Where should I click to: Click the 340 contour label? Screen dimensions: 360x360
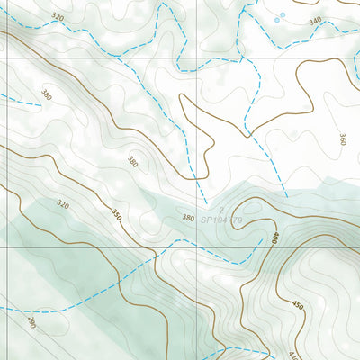pyautogui.click(x=314, y=21)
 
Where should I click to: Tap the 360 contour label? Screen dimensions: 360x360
pyautogui.click(x=343, y=139)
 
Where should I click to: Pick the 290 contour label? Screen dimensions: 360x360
pyautogui.click(x=32, y=321)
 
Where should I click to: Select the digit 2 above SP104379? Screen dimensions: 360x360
pyautogui.click(x=219, y=209)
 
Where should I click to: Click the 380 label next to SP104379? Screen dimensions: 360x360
pyautogui.click(x=188, y=218)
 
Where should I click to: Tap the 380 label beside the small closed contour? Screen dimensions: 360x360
pyautogui.click(x=132, y=163)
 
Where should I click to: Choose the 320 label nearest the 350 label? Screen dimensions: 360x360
pyautogui.click(x=62, y=205)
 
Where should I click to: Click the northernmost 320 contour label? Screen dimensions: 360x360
pyautogui.click(x=58, y=17)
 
